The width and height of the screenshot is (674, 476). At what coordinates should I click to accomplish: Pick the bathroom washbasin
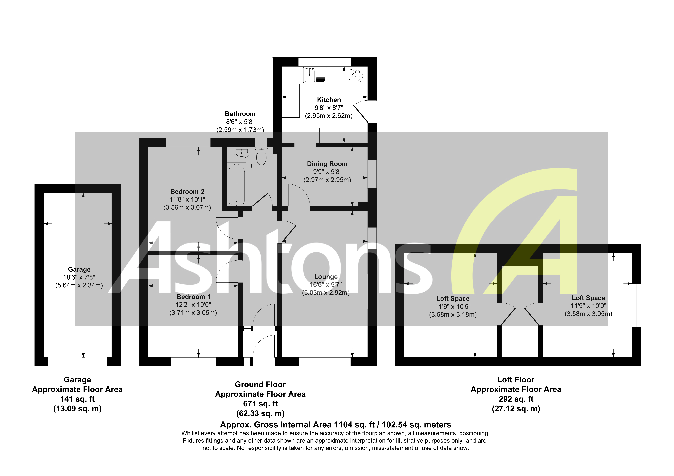242,153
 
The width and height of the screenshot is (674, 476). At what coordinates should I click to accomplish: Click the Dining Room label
327,164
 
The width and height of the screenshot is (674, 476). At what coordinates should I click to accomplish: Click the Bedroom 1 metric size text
193,313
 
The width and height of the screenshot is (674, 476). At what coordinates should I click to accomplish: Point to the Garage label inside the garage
79,269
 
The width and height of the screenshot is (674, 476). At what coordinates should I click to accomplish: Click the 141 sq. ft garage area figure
77,399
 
